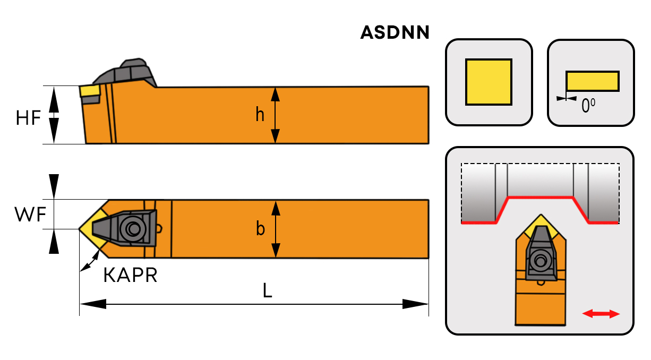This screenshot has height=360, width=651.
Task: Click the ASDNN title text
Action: (x=395, y=33)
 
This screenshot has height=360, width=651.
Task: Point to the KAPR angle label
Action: (x=130, y=276)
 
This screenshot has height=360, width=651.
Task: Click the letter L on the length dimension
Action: (x=268, y=290)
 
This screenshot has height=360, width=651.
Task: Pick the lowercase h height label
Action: (x=260, y=114)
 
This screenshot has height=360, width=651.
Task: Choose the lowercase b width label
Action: (x=260, y=229)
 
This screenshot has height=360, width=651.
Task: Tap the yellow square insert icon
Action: (x=489, y=82)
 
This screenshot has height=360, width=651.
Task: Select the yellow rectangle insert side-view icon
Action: (x=592, y=81)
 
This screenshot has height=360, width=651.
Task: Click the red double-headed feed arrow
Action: (x=601, y=314)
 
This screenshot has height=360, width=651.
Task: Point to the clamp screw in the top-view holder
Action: (x=131, y=229)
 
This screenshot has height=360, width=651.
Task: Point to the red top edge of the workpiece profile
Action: (x=541, y=198)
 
